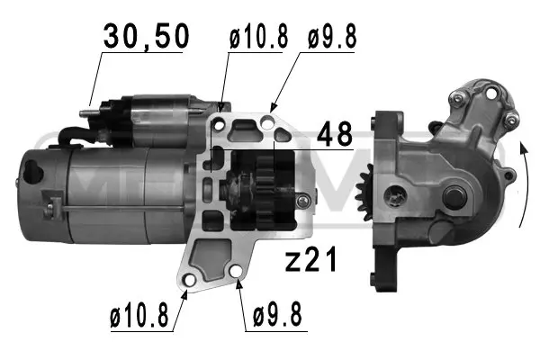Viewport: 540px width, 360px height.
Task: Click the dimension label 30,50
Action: click(147, 37)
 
